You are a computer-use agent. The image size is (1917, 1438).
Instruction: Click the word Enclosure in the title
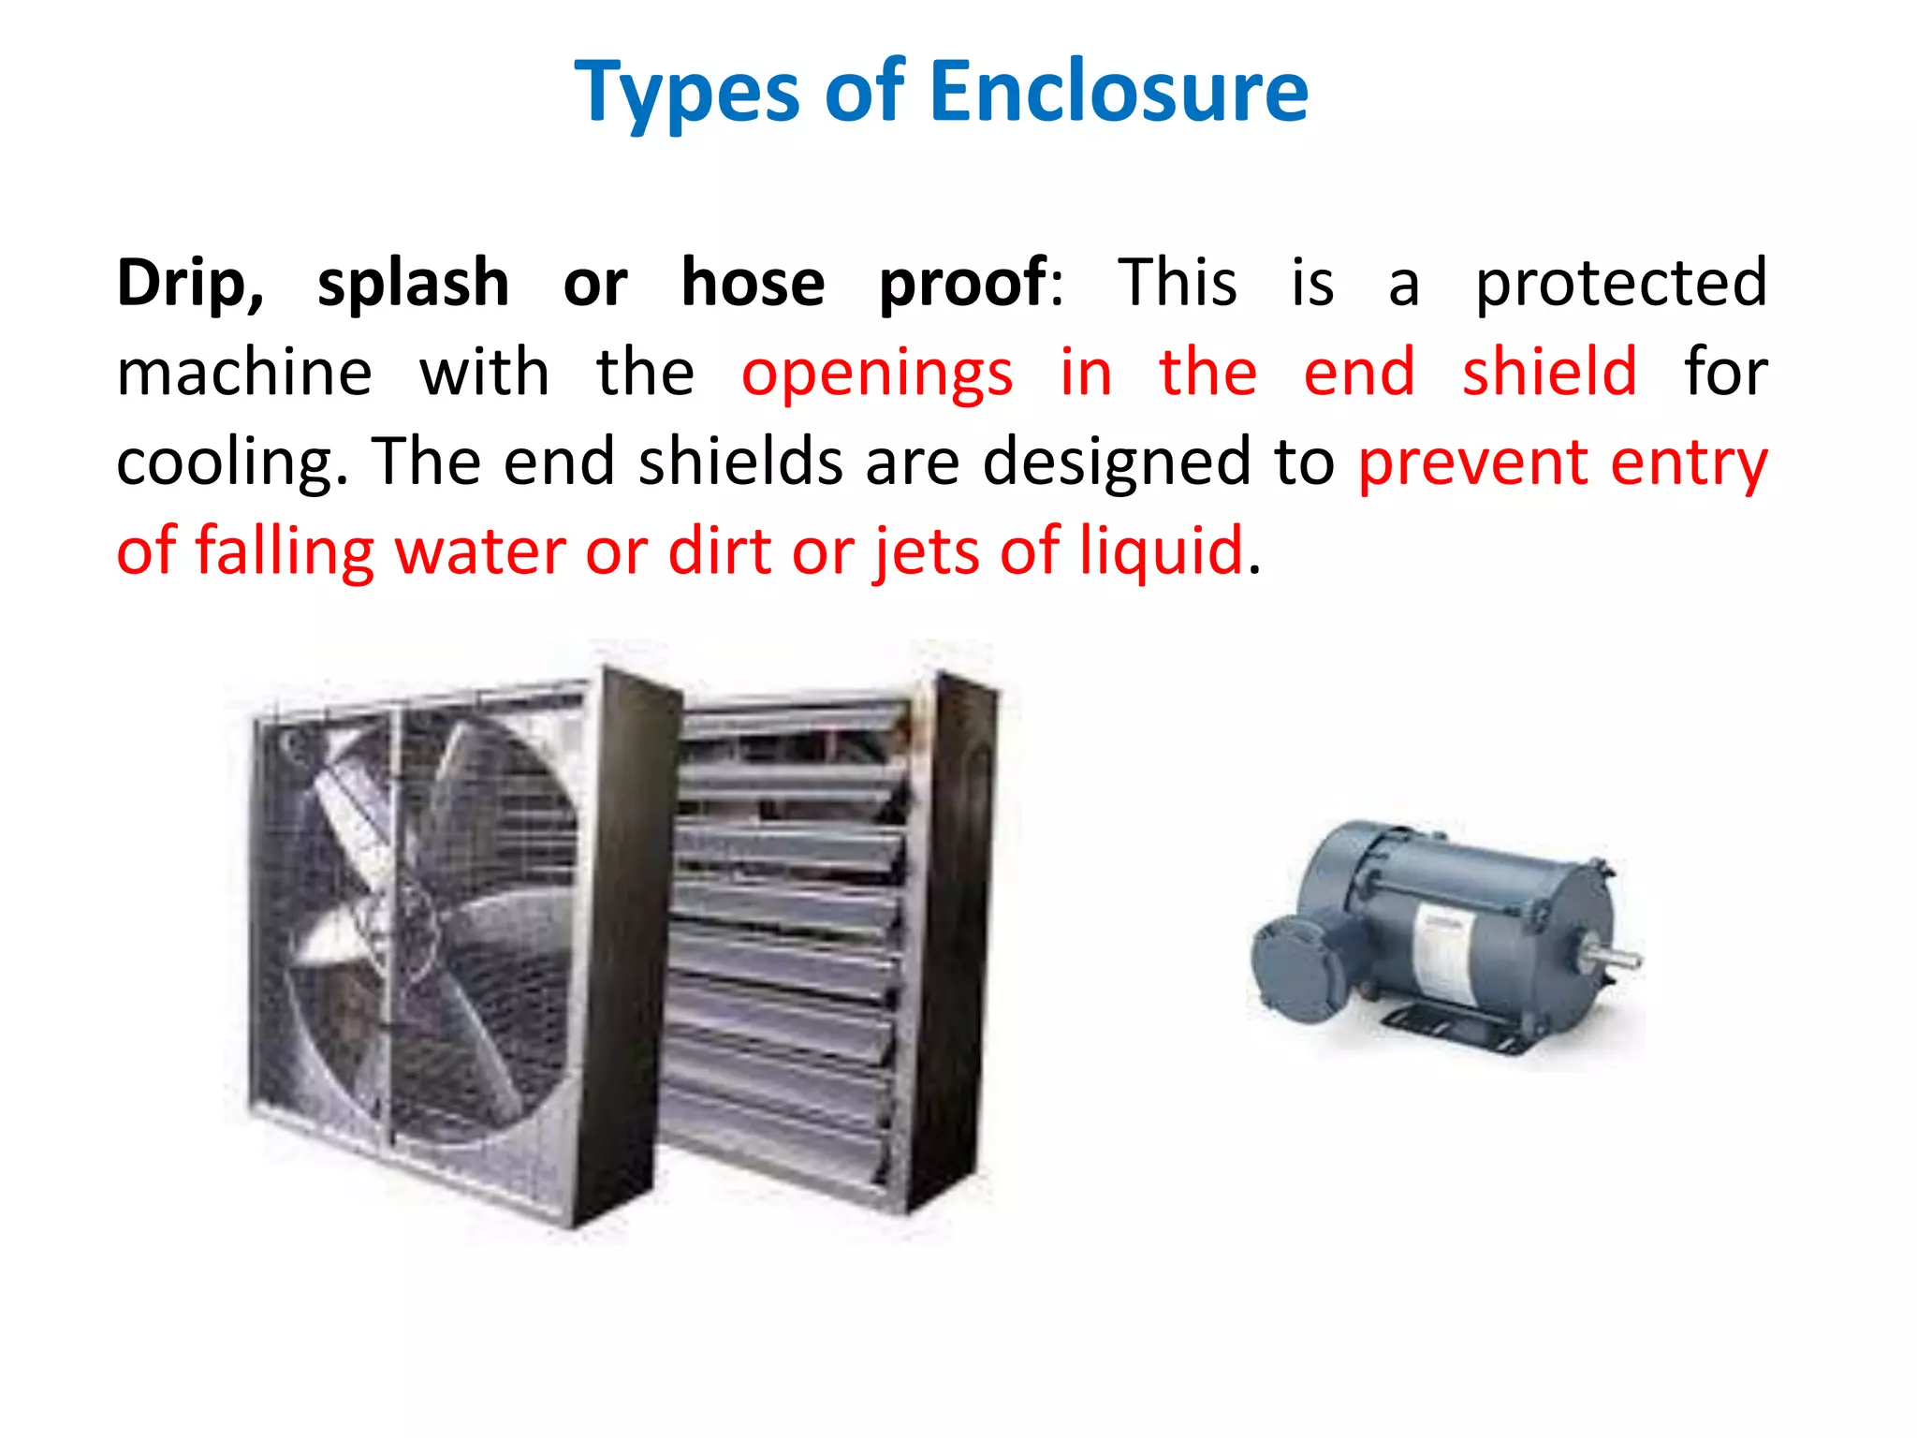1119,92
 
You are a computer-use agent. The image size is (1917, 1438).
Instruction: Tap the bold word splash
413,283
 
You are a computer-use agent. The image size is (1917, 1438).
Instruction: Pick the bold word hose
753,283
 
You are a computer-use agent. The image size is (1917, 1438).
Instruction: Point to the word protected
1620,283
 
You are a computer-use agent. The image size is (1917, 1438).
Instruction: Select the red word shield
1549,372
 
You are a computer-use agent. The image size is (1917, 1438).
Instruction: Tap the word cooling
230,463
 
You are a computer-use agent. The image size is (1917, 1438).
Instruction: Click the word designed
1116,463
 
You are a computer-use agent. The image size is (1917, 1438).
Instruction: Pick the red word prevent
1472,463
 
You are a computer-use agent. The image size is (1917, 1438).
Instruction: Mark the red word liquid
1161,552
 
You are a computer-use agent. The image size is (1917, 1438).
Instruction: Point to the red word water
477,552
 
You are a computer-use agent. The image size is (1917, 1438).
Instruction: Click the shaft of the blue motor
1615,958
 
